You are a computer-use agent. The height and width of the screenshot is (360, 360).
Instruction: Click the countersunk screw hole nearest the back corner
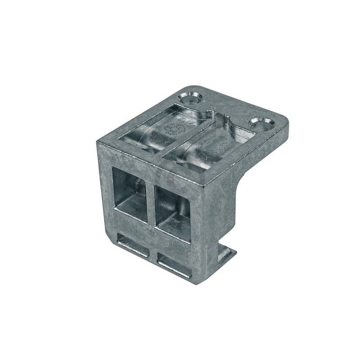coord(191,97)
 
